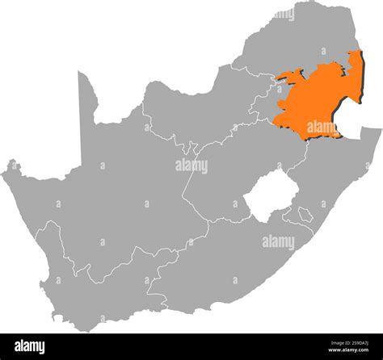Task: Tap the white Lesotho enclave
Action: point(267,197)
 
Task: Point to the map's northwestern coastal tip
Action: point(11,168)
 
